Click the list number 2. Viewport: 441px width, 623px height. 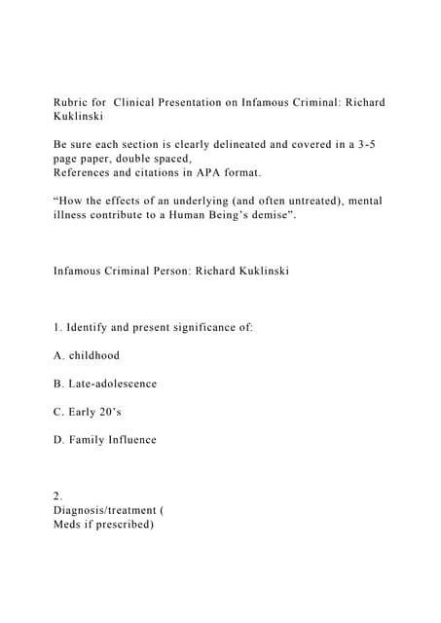(x=56, y=495)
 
